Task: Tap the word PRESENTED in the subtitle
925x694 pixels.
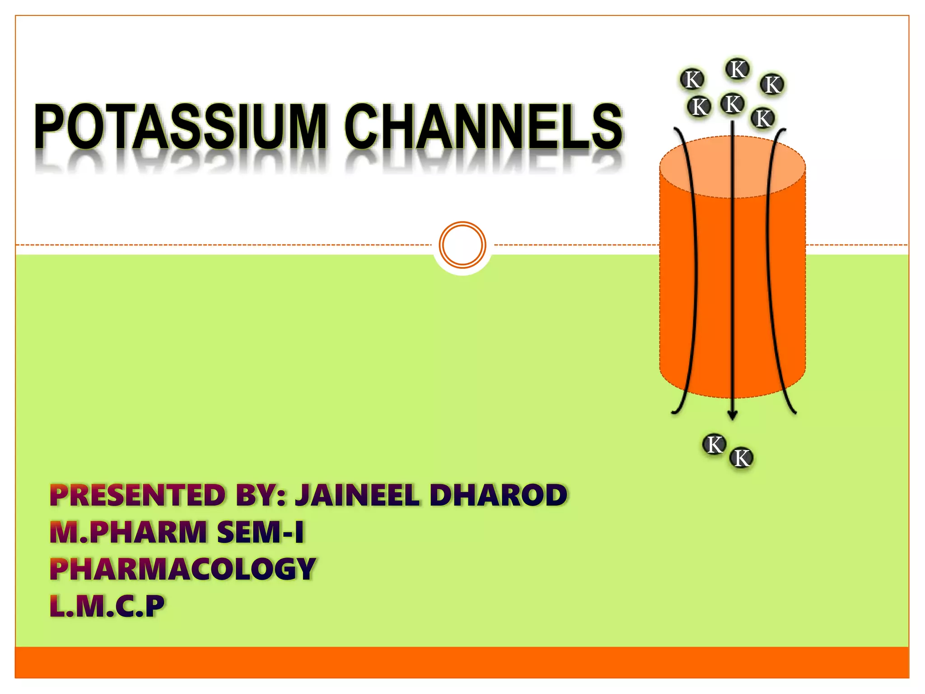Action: tap(138, 495)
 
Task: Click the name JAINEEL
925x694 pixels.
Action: tap(357, 495)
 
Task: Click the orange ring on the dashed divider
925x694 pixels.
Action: tap(462, 245)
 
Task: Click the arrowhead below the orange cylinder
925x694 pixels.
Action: tap(733, 415)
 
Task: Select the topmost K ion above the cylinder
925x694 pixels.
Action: tap(738, 70)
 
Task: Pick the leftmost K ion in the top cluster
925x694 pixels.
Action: tap(692, 80)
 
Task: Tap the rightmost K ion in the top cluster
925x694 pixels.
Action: tap(772, 84)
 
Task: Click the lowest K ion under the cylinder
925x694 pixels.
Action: tap(742, 458)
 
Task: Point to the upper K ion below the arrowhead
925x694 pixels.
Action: tap(714, 445)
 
